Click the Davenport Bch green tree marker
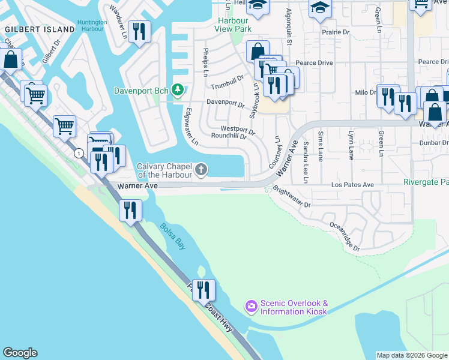click(177, 91)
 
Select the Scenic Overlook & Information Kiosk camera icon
click(251, 307)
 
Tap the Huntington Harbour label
click(93, 26)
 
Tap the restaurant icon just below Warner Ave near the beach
click(129, 211)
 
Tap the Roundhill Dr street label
click(229, 136)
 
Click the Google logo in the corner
click(20, 353)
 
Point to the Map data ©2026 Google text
click(412, 355)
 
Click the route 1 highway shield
click(79, 154)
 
